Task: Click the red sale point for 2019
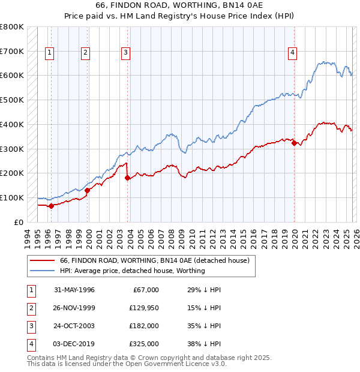[294, 143]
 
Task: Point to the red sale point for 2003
[128, 178]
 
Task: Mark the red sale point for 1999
[88, 190]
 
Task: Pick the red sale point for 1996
[51, 206]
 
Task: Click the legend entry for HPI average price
[132, 271]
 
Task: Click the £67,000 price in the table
[145, 290]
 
